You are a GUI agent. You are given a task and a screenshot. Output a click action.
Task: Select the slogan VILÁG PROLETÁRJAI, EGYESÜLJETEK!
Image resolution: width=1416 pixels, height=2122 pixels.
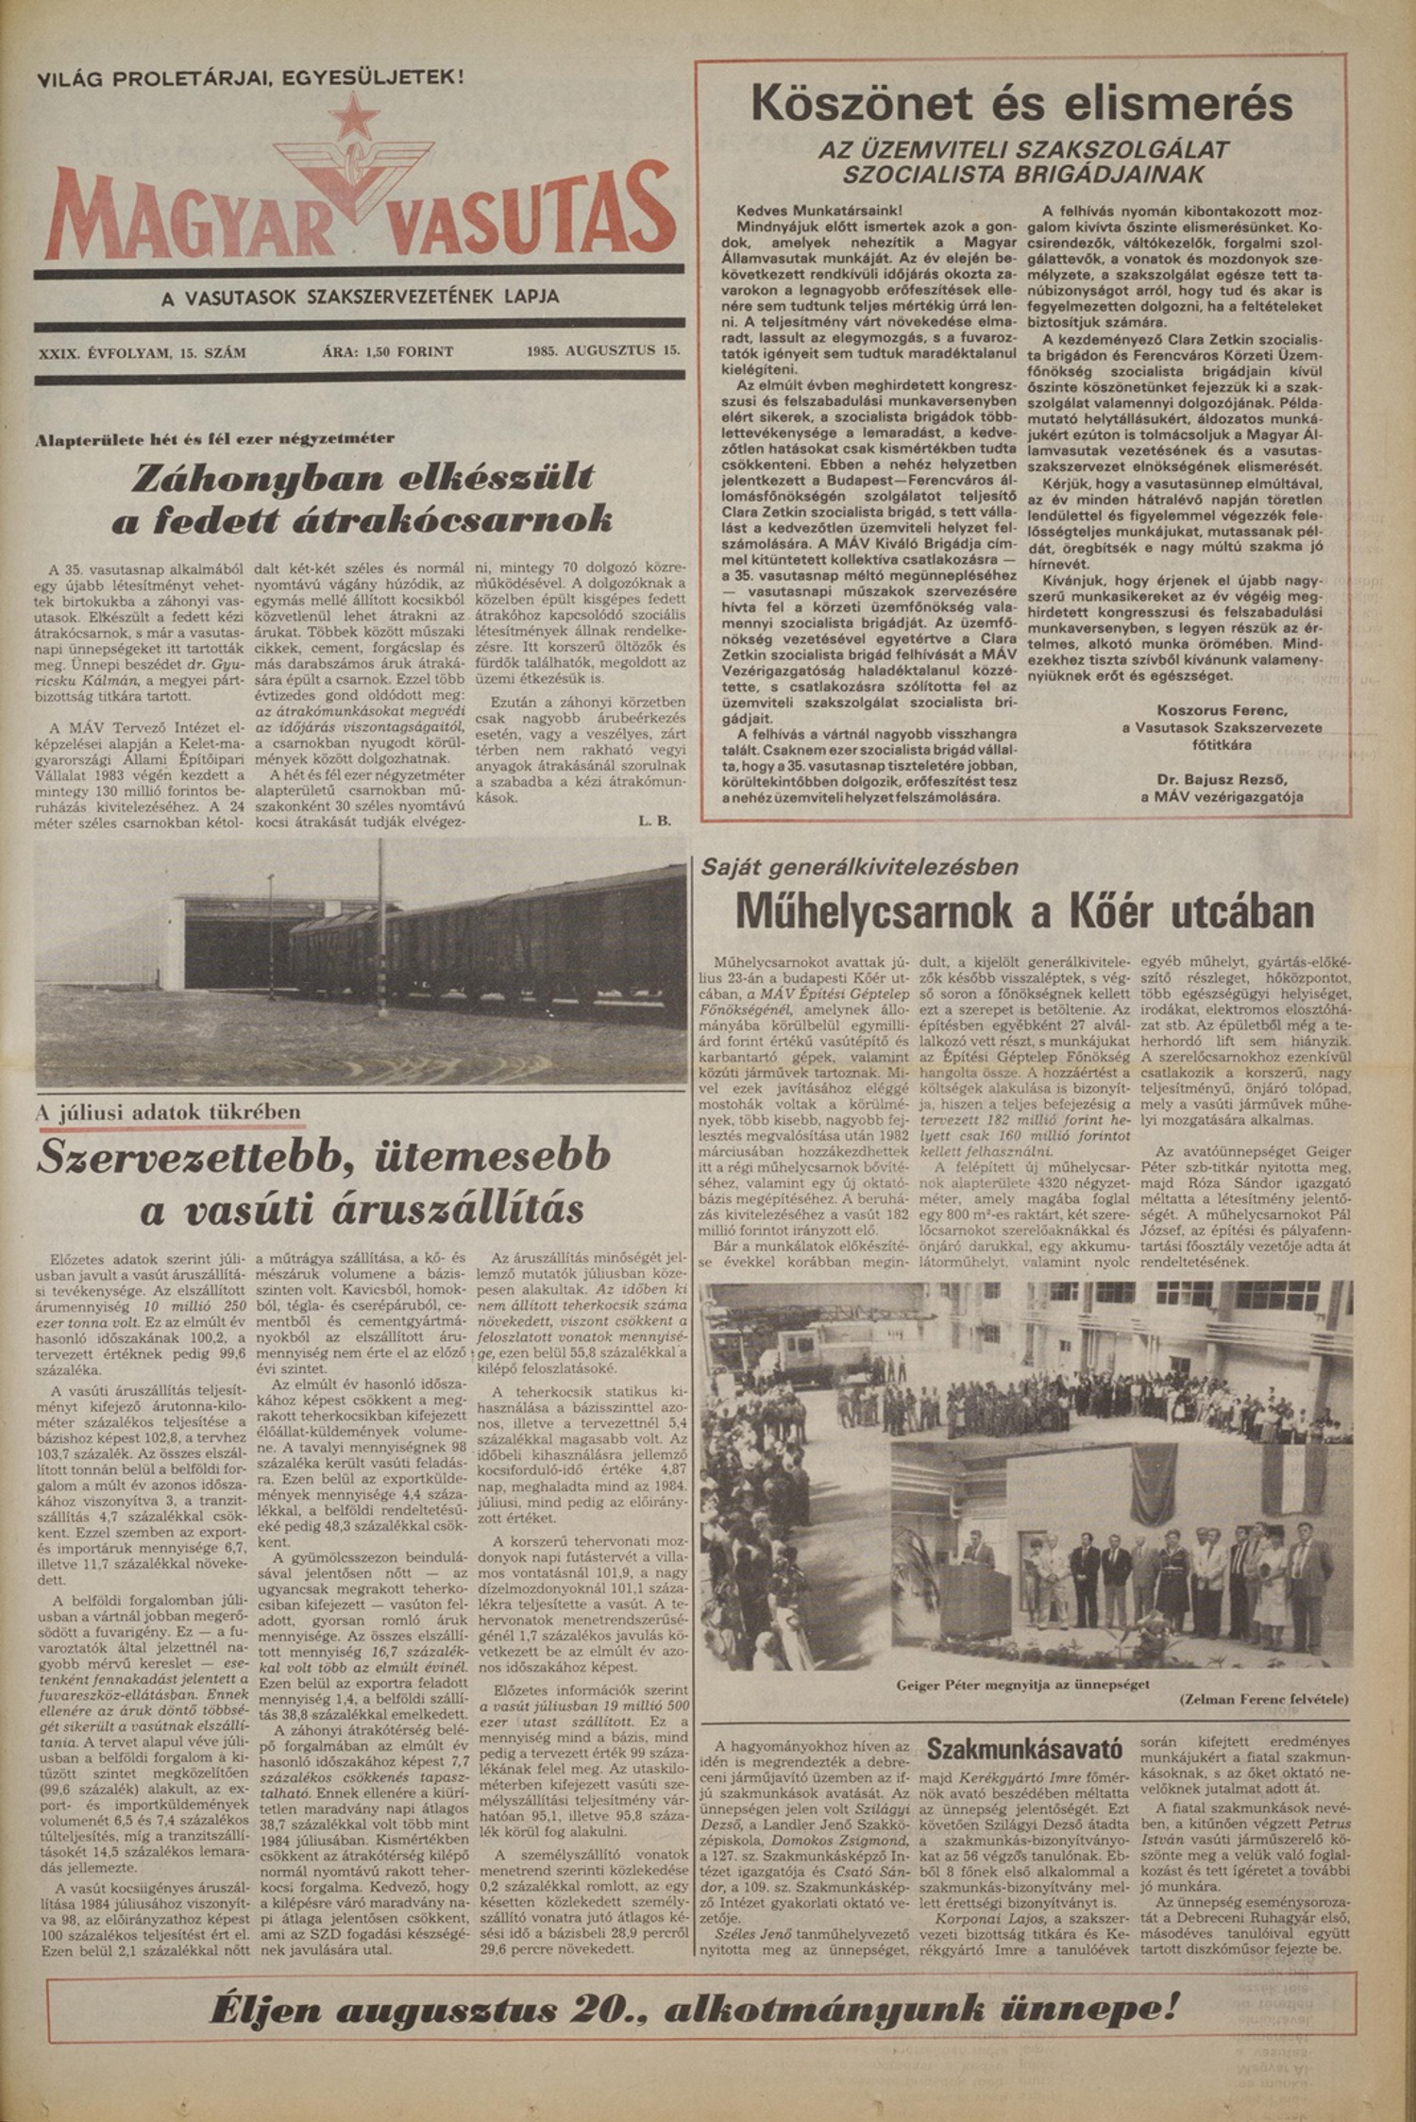[x=250, y=76]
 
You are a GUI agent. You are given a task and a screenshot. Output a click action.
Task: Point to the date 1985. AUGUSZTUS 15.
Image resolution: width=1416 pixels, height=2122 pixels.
[x=604, y=351]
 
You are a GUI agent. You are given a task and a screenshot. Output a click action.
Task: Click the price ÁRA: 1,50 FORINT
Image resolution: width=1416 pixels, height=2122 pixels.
[x=388, y=351]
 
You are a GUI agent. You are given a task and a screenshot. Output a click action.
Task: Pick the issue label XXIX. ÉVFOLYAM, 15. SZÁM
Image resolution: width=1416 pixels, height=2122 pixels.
[x=143, y=352]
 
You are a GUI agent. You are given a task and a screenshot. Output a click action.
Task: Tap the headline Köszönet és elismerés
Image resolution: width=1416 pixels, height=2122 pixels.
[x=1021, y=104]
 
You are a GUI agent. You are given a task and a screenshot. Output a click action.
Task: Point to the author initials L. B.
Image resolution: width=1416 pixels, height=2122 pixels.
[x=654, y=821]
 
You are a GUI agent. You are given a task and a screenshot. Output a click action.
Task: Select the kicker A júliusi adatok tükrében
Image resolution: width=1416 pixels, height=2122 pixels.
[x=169, y=1112]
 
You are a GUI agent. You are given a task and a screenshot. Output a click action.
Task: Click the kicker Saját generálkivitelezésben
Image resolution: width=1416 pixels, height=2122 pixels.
[x=860, y=866]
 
